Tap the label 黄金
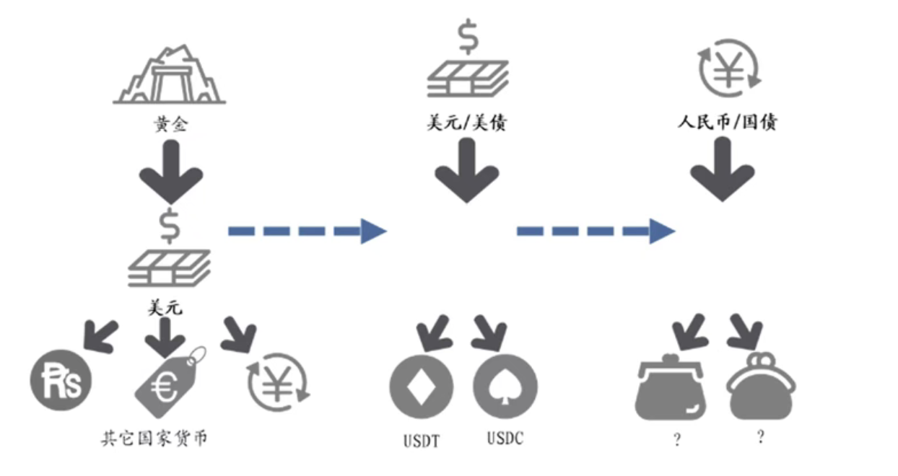click(x=171, y=124)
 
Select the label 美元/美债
click(x=467, y=123)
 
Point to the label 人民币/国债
click(x=727, y=122)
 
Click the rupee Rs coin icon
click(x=61, y=380)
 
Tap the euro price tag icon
click(x=170, y=382)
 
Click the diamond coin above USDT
click(x=422, y=387)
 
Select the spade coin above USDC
click(x=505, y=387)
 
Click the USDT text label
click(x=422, y=441)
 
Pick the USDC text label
click(x=505, y=438)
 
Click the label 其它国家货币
click(x=154, y=438)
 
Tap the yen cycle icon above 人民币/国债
click(x=729, y=68)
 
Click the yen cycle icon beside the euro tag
click(x=278, y=382)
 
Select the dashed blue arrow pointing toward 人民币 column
click(x=596, y=232)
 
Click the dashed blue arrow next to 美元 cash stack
click(x=308, y=232)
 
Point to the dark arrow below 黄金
click(x=171, y=172)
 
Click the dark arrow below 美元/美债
click(x=467, y=171)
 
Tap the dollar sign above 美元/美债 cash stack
click(x=468, y=37)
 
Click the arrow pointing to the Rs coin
click(x=100, y=337)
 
